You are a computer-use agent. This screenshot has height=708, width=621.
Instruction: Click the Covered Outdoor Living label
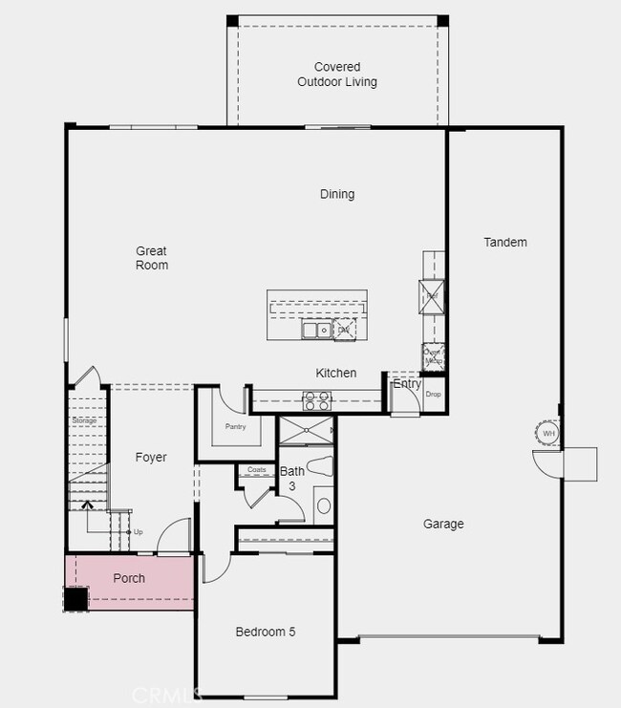pyautogui.click(x=336, y=75)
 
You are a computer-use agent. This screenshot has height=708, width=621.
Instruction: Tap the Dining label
pyautogui.click(x=336, y=194)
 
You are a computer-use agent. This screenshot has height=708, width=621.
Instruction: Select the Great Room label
pyautogui.click(x=151, y=258)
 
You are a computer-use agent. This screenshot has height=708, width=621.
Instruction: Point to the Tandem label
pyautogui.click(x=504, y=242)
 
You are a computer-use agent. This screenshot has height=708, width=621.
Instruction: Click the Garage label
pyautogui.click(x=443, y=524)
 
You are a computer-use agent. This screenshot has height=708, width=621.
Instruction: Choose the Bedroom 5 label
pyautogui.click(x=266, y=632)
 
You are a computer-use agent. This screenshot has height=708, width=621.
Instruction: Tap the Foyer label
pyautogui.click(x=151, y=458)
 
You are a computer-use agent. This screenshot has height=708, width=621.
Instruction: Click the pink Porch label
pyautogui.click(x=129, y=578)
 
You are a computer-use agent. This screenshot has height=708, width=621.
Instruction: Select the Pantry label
pyautogui.click(x=235, y=426)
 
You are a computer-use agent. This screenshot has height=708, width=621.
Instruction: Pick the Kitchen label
pyautogui.click(x=336, y=373)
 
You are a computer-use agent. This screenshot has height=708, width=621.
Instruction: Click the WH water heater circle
pyautogui.click(x=547, y=434)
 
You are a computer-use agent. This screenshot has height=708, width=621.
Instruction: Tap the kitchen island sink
pyautogui.click(x=316, y=330)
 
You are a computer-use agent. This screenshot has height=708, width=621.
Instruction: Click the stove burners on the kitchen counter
pyautogui.click(x=316, y=400)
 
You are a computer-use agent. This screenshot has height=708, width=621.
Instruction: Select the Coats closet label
pyautogui.click(x=256, y=470)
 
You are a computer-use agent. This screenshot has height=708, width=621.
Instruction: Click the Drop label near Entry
pyautogui.click(x=433, y=394)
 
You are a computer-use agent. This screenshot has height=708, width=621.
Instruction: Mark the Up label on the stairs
pyautogui.click(x=138, y=531)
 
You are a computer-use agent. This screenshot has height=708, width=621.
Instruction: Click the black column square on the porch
pyautogui.click(x=75, y=599)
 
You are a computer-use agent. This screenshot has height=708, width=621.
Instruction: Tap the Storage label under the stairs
pyautogui.click(x=84, y=419)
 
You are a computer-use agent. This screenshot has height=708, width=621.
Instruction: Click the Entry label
pyautogui.click(x=407, y=384)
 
